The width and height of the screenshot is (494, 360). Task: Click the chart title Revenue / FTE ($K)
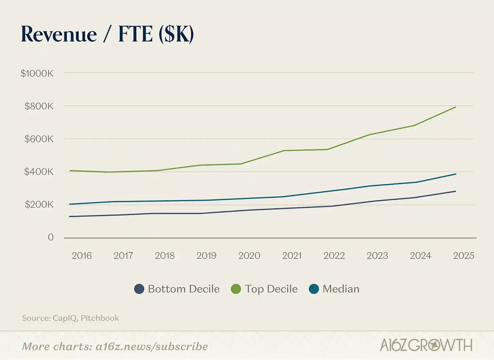107,34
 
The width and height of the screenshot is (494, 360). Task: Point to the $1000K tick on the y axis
37,73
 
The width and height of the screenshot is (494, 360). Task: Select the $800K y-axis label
39,106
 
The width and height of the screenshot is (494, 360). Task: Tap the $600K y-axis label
39,139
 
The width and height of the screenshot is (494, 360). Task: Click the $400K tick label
39,172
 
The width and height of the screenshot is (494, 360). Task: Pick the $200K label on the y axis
39,205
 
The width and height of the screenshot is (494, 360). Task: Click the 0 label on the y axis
51,237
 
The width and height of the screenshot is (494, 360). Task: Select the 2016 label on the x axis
82,255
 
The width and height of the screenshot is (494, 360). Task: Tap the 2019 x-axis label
206,255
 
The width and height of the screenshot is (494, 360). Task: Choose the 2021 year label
292,255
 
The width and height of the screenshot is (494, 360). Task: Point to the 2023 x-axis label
377,255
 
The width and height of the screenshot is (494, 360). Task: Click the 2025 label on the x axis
463,255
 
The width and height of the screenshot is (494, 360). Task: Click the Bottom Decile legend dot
139,289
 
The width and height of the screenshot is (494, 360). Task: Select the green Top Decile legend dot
236,289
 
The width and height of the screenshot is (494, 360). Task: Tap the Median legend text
341,289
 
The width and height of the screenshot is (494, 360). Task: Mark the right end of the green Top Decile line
455,107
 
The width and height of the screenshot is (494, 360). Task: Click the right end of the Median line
455,174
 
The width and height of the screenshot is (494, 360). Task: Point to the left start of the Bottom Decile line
70,216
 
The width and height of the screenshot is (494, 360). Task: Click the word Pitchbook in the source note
100,318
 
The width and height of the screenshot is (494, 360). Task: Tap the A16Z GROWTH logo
426,345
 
